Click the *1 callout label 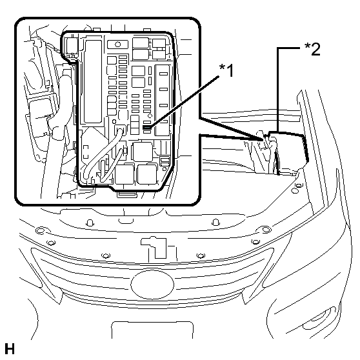[x=226, y=70]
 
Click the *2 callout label [x=312, y=49]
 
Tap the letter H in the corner [x=10, y=349]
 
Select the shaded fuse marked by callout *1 [x=146, y=127]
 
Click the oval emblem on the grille [x=152, y=285]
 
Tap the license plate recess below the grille [x=152, y=330]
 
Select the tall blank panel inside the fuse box [x=93, y=81]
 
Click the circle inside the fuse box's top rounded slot [x=118, y=44]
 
